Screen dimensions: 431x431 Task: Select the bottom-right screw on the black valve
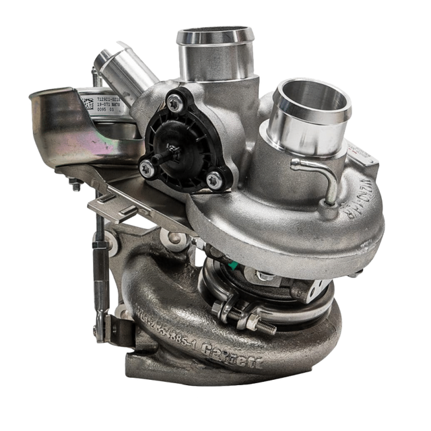point(215,178)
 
